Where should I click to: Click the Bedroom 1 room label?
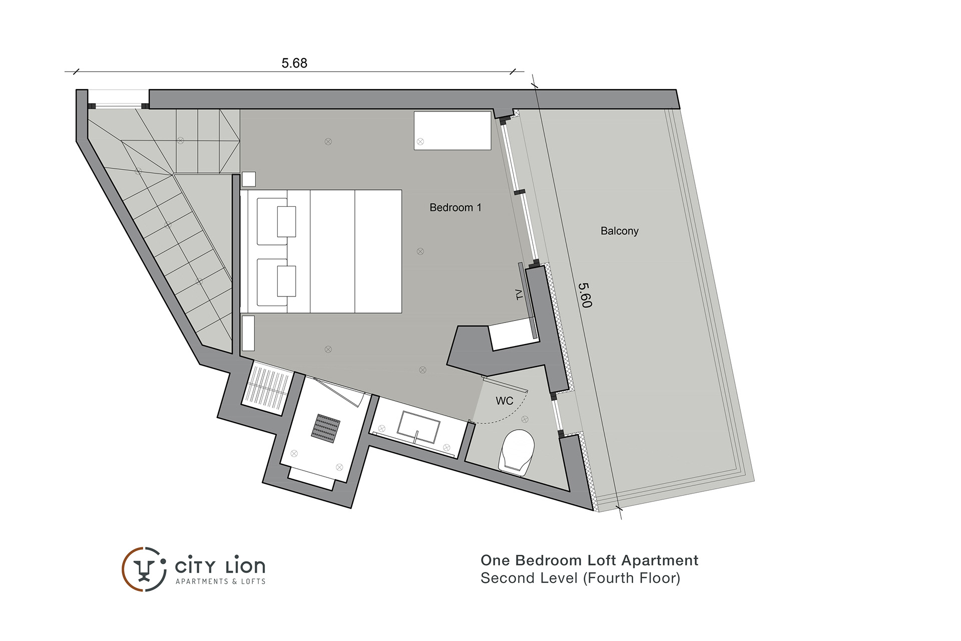pyautogui.click(x=455, y=207)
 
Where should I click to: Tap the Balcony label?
pyautogui.click(x=620, y=231)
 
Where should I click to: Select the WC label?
pyautogui.click(x=505, y=401)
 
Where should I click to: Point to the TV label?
pyautogui.click(x=519, y=294)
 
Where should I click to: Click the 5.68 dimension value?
pyautogui.click(x=294, y=63)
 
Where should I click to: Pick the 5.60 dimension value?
pyautogui.click(x=585, y=295)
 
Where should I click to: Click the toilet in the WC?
pyautogui.click(x=517, y=451)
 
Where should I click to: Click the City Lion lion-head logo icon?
pyautogui.click(x=144, y=569)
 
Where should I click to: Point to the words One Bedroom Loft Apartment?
pyautogui.click(x=589, y=560)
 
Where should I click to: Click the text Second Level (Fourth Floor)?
pyautogui.click(x=581, y=578)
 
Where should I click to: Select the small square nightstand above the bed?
pyautogui.click(x=249, y=179)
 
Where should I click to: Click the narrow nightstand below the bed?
pyautogui.click(x=248, y=333)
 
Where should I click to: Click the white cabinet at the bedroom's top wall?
pyautogui.click(x=452, y=130)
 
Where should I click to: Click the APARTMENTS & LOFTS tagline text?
pyautogui.click(x=220, y=581)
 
